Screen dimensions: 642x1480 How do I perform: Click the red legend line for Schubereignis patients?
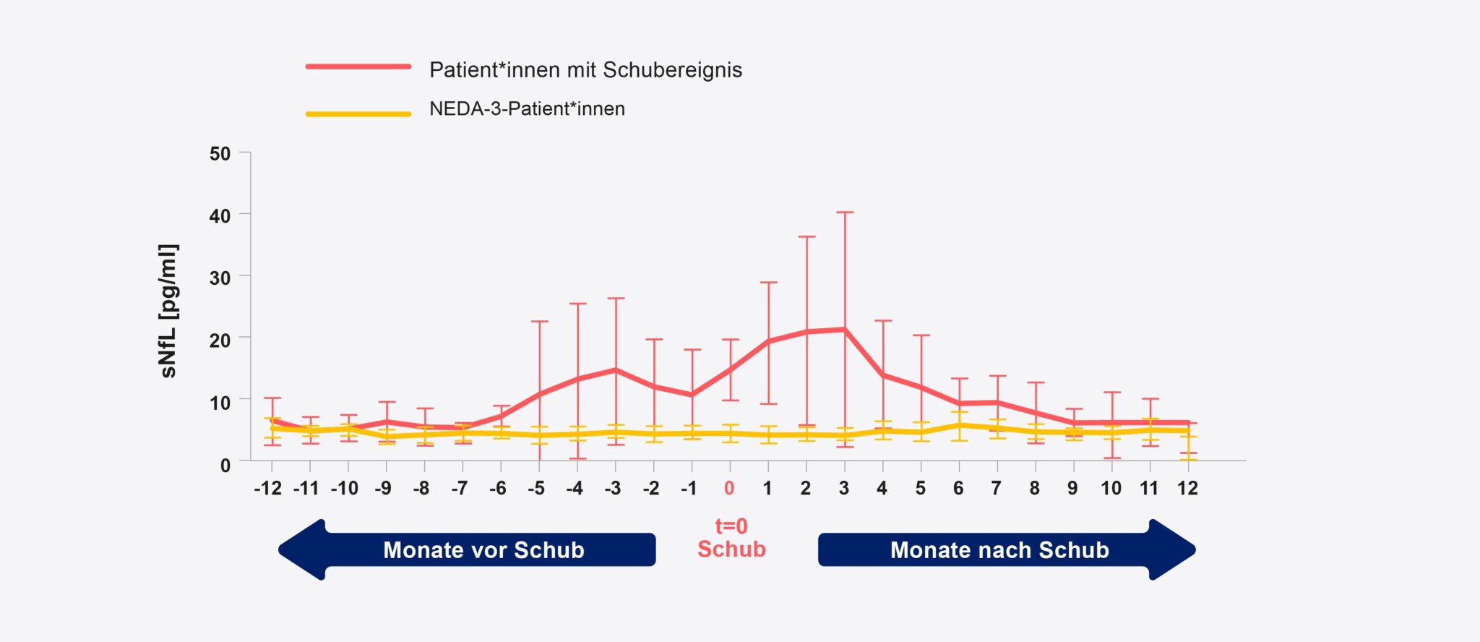point(358,67)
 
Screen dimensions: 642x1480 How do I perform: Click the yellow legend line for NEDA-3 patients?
point(358,114)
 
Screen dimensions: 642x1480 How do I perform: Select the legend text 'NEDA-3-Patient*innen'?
point(527,109)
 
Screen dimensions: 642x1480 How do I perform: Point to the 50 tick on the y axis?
point(220,154)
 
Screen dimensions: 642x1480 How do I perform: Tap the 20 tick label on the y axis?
point(220,340)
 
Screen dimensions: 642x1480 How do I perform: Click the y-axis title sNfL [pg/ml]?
point(168,311)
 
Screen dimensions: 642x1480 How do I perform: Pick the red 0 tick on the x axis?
point(729,489)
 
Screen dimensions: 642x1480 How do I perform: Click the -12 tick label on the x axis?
point(267,489)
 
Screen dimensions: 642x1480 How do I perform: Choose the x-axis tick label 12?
point(1187,489)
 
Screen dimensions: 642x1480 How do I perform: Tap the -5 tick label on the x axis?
point(535,489)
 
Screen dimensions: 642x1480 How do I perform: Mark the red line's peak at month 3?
point(844,330)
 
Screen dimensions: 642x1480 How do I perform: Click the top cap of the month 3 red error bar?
point(845,213)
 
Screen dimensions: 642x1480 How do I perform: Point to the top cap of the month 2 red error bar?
point(806,236)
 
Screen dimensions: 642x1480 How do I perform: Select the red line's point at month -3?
point(616,369)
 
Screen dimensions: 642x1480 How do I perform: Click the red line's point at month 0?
point(730,369)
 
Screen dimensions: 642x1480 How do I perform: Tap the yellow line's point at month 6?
point(959,425)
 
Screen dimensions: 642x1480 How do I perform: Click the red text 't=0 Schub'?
point(731,538)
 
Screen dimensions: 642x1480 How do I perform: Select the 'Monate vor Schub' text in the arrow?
point(483,550)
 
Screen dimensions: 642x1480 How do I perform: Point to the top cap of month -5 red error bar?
point(539,322)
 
